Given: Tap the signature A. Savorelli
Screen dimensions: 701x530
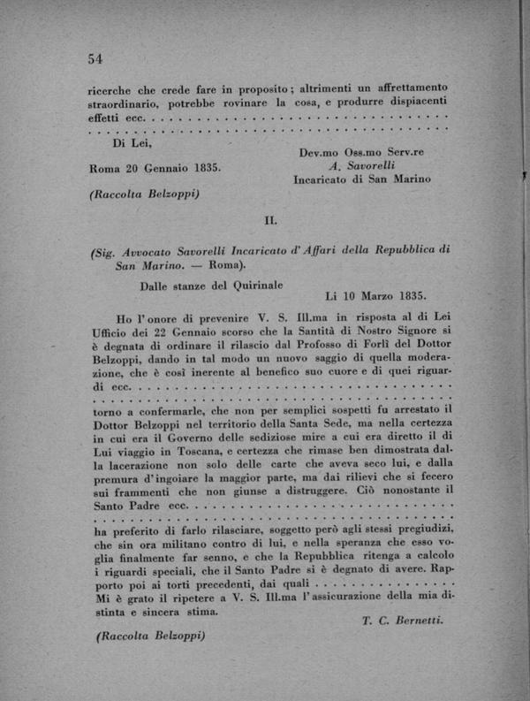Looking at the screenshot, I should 361,165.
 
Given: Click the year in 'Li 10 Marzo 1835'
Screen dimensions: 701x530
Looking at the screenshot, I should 409,298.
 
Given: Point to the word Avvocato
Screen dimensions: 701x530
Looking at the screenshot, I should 155,250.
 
